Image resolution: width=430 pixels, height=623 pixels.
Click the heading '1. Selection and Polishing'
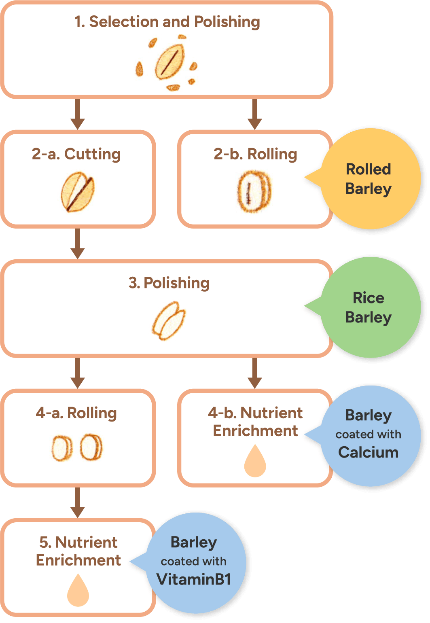pos(167,22)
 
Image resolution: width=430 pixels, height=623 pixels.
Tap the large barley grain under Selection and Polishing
pos(170,62)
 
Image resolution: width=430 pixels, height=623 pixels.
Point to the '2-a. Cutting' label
pos(76,154)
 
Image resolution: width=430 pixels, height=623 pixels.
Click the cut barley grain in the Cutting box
pos(78,192)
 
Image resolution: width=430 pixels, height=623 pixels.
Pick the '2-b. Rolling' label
pos(255,154)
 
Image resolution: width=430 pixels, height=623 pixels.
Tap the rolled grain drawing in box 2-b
pos(254,192)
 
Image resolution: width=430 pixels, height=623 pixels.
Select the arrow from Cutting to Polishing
pos(77,244)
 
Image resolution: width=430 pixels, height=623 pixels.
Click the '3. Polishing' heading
pos(169,283)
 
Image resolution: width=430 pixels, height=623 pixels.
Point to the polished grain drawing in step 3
pos(169,320)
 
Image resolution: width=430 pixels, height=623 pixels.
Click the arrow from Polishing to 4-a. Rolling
pos(77,373)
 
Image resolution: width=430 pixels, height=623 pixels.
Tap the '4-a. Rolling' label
pos(76,413)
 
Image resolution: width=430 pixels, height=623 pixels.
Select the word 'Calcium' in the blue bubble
pos(369,452)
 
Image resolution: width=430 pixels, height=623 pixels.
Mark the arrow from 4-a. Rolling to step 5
pos(77,503)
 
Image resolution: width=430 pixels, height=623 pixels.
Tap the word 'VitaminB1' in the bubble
pos(194,579)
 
